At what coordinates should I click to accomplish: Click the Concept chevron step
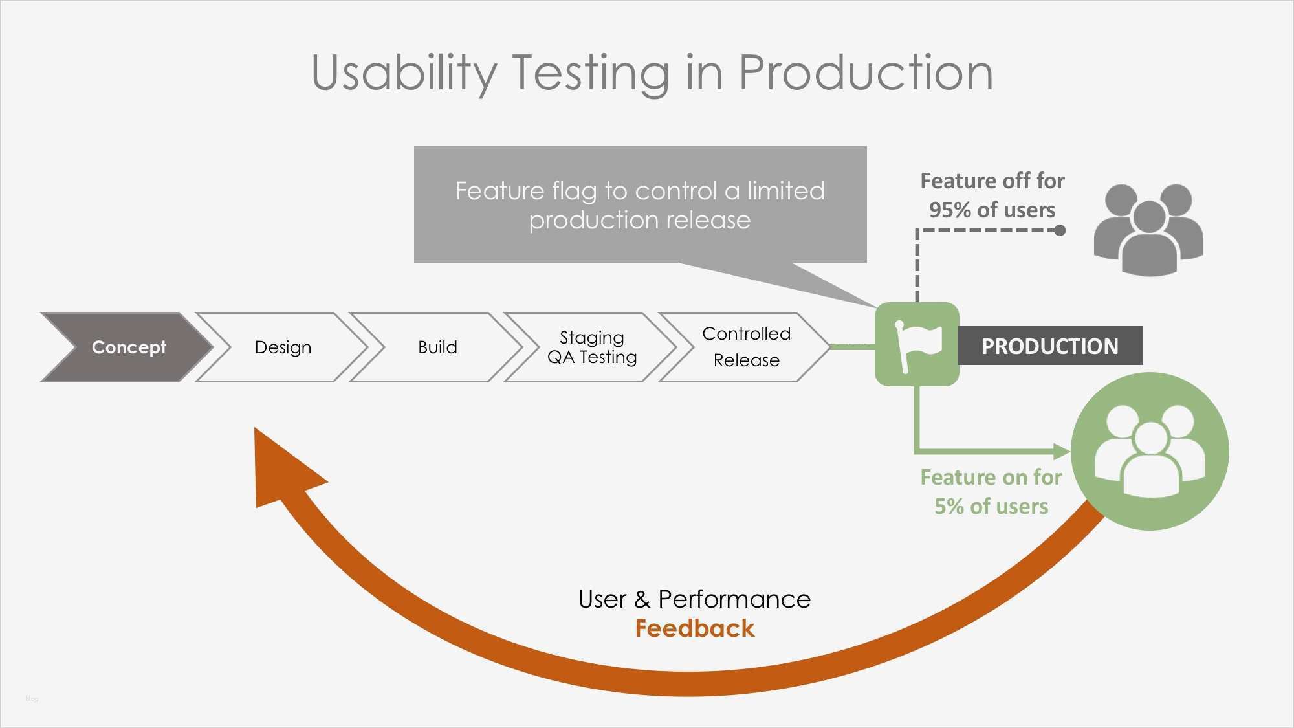click(128, 347)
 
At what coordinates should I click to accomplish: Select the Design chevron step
click(283, 347)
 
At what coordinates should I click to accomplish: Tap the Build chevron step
click(437, 347)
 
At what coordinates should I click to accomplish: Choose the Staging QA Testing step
click(591, 347)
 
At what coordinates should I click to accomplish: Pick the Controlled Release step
click(746, 347)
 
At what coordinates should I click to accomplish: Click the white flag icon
click(917, 344)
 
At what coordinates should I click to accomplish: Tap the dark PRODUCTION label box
click(1049, 346)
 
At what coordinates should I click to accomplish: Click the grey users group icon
click(1148, 229)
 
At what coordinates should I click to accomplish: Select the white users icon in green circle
click(1150, 452)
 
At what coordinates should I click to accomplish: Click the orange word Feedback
click(694, 628)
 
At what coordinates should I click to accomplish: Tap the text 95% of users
click(992, 210)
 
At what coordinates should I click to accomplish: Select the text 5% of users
click(991, 506)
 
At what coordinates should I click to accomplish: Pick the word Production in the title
click(865, 72)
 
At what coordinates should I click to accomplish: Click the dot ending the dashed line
click(1060, 230)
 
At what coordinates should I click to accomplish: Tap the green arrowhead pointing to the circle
click(1061, 451)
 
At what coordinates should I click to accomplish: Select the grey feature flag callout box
click(640, 204)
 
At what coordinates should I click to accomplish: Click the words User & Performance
click(694, 599)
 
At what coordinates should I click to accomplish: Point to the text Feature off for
click(992, 181)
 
